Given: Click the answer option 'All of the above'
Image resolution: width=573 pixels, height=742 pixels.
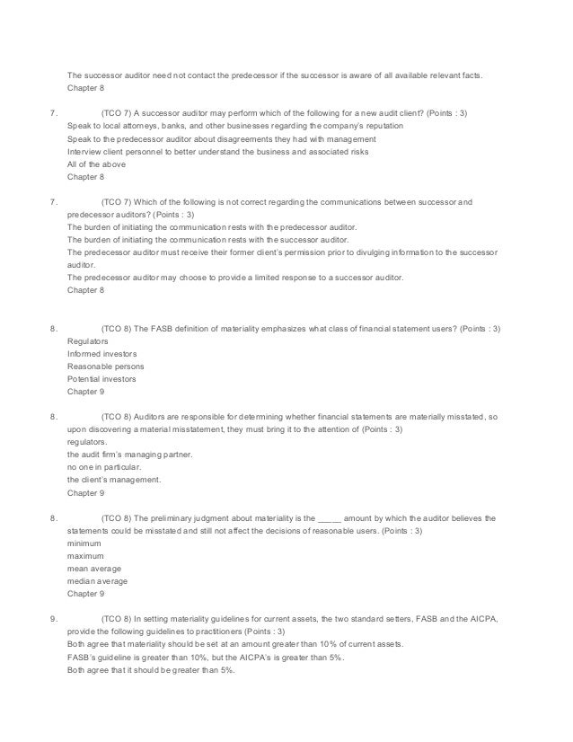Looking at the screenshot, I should click(x=97, y=164).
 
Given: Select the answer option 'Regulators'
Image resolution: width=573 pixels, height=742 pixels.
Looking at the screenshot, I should click(x=88, y=341).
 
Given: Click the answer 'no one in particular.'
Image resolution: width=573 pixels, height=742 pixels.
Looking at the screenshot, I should click(x=105, y=467).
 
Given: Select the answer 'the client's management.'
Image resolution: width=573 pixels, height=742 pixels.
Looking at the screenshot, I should click(x=114, y=480).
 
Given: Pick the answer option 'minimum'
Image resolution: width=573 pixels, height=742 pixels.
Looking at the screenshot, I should click(x=84, y=543).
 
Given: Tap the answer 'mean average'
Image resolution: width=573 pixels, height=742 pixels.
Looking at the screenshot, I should click(x=94, y=569).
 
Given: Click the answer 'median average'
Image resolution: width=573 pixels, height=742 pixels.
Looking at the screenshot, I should click(x=97, y=581).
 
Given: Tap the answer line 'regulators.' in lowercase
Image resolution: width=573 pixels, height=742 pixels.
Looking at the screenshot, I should click(x=86, y=442).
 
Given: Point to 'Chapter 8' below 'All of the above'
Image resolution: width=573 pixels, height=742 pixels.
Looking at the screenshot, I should click(x=85, y=177).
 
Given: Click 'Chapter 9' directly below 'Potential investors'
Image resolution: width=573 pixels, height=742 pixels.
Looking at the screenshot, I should click(x=85, y=392).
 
